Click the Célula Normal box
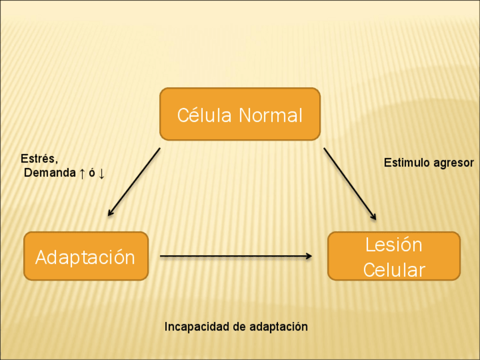click(240, 114)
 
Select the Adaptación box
click(85, 256)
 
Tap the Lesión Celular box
click(394, 256)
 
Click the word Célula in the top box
click(204, 115)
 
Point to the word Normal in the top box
click(271, 115)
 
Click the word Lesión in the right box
click(394, 245)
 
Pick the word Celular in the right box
click(394, 270)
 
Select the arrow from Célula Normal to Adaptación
click(134, 182)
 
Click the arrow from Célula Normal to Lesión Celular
click(349, 183)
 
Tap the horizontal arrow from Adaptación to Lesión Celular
click(235, 256)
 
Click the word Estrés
click(38, 159)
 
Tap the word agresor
click(453, 164)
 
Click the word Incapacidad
click(192, 327)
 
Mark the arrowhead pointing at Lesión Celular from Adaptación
click(308, 256)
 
